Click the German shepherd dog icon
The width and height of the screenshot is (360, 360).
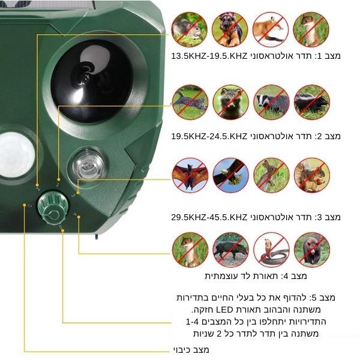coord(230,29)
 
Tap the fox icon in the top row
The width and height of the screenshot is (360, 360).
coord(271,29)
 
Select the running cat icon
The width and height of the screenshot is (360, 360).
coord(190,102)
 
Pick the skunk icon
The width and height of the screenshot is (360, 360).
coord(312,102)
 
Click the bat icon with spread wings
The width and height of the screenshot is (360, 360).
coord(190,175)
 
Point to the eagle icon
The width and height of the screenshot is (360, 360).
coord(231,175)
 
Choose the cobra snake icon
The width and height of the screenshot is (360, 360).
coord(271,250)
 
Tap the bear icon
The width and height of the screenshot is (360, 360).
coord(312,250)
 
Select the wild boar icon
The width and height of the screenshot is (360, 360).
coord(231,250)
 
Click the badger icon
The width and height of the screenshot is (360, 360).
coord(271,102)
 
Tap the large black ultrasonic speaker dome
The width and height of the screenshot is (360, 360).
coord(92,81)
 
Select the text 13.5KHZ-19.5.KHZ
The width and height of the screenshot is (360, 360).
coord(209,56)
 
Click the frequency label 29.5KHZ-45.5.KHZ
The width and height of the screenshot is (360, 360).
coord(209,217)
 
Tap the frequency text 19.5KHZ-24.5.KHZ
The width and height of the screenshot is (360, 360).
coord(209,136)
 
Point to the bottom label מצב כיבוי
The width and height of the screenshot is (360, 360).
coord(191,350)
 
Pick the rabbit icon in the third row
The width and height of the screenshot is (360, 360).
coord(271,175)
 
